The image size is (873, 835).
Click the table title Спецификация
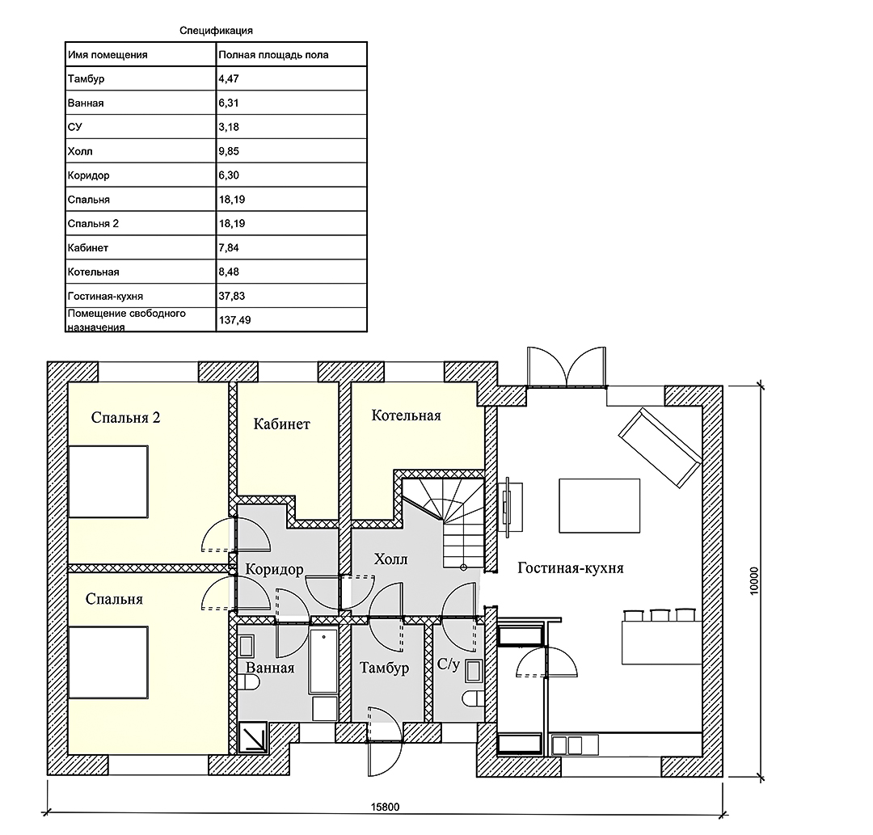[x=216, y=31]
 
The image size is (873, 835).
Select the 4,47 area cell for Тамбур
[x=229, y=78]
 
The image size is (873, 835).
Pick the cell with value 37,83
[x=232, y=296]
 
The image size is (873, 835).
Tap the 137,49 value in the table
[x=234, y=320]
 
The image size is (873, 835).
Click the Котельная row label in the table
[x=94, y=272]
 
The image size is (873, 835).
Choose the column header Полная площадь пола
[x=273, y=54]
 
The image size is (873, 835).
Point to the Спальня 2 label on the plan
[x=126, y=417]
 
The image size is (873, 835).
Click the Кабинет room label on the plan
[x=282, y=424]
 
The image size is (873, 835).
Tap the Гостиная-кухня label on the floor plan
[x=571, y=567]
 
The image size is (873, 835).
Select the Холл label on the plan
[x=391, y=559]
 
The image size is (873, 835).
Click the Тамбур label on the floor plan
[x=384, y=668]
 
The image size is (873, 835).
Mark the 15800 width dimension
[x=386, y=807]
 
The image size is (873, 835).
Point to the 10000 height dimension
[x=754, y=581]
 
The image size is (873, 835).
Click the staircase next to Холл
[x=443, y=521]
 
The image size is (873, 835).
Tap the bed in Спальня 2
[x=108, y=482]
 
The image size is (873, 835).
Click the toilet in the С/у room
[x=473, y=699]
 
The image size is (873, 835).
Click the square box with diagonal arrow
[x=253, y=737]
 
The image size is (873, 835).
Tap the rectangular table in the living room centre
[x=600, y=506]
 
